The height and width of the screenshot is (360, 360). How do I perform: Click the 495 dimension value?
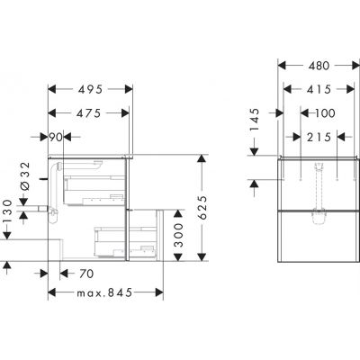coord(90,90)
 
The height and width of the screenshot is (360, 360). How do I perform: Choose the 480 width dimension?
coord(310,66)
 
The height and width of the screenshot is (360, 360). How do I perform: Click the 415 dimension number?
coord(310,89)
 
